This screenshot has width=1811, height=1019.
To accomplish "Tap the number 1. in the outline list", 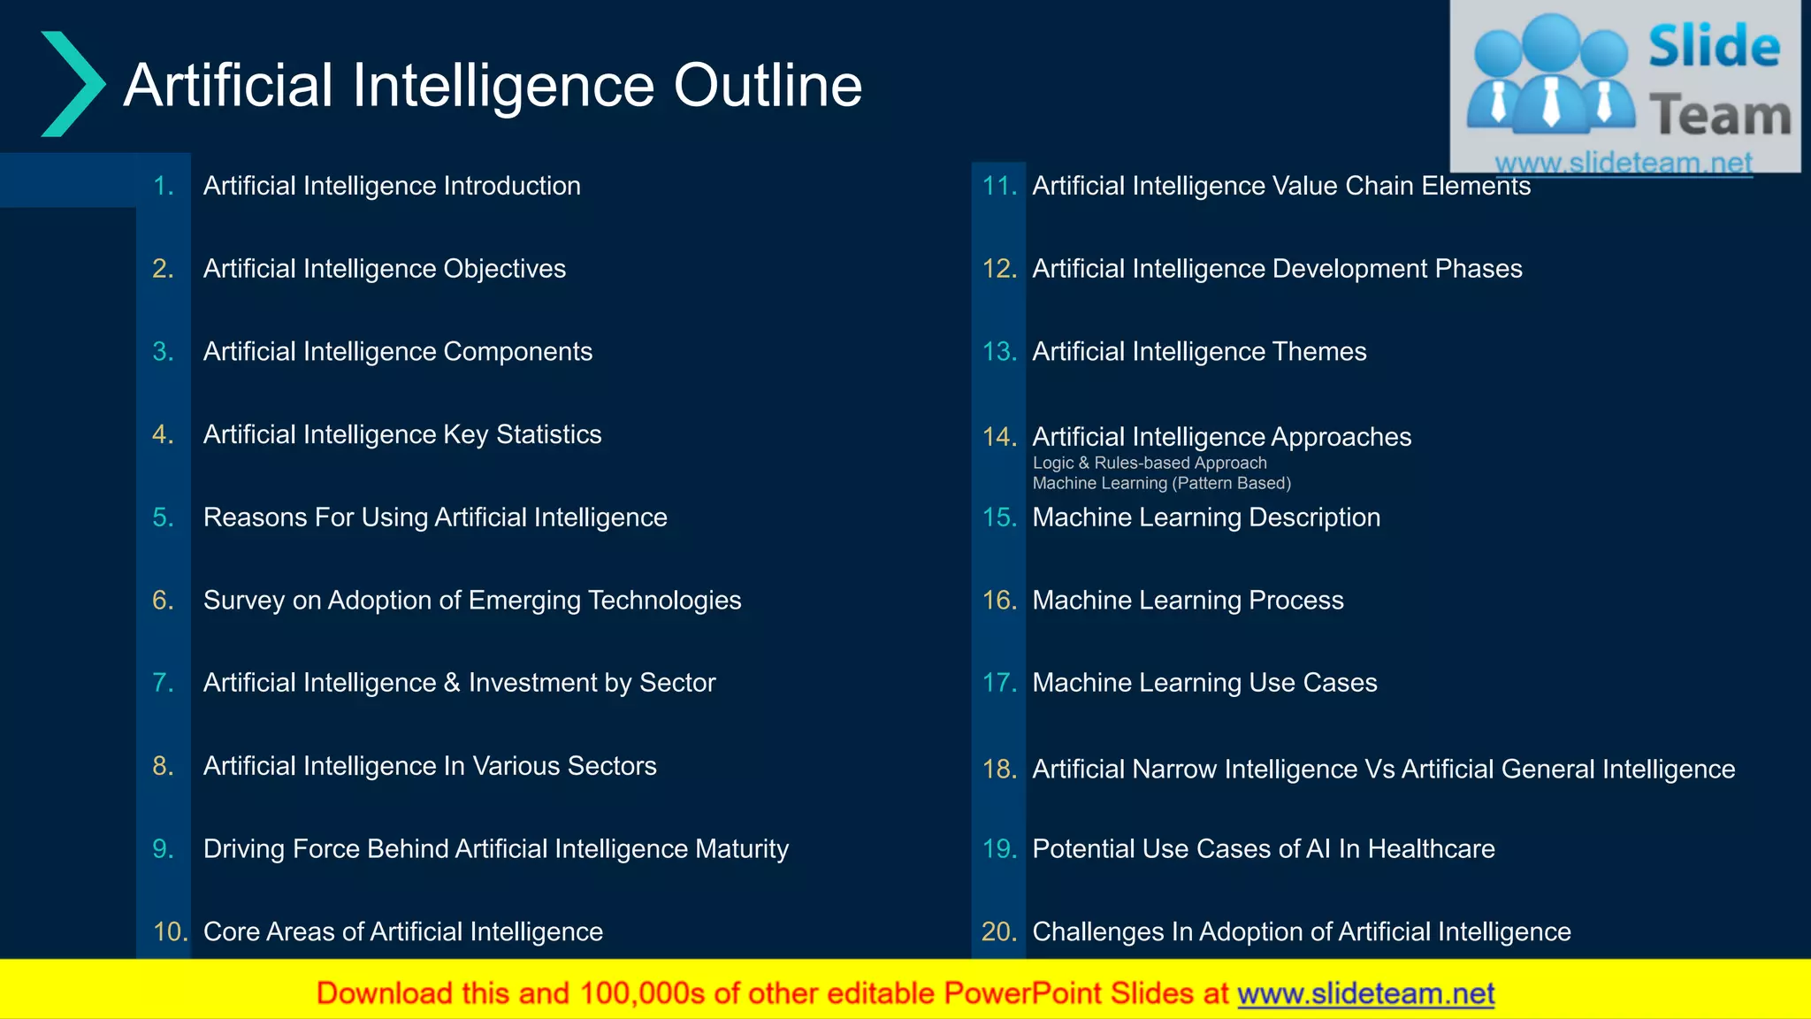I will pos(164,186).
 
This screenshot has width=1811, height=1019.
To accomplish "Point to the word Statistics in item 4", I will pos(548,434).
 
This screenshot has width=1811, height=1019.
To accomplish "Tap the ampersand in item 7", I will pos(452,683).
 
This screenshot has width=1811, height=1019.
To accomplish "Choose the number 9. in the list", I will pos(164,849).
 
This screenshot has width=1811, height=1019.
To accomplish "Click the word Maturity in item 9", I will pos(741,849).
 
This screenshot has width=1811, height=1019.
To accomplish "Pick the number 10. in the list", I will pos(170,931).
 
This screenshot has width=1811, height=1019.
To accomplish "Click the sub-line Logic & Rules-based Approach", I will pos(1150,464).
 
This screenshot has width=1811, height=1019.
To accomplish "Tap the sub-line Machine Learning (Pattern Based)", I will pos(1161,484).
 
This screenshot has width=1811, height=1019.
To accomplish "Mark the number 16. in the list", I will pos(999,601).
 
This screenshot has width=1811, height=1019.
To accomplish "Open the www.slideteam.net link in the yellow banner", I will pos(1365,994).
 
